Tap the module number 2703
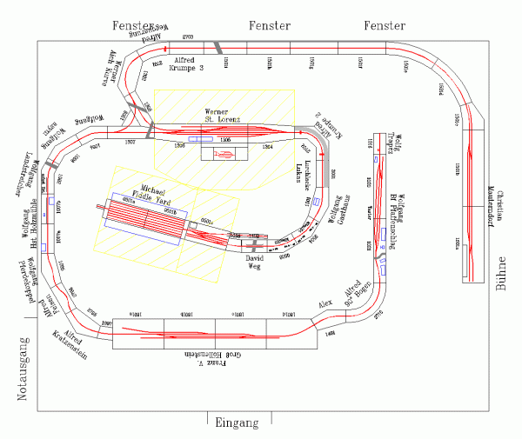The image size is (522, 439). pos(186,36)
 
